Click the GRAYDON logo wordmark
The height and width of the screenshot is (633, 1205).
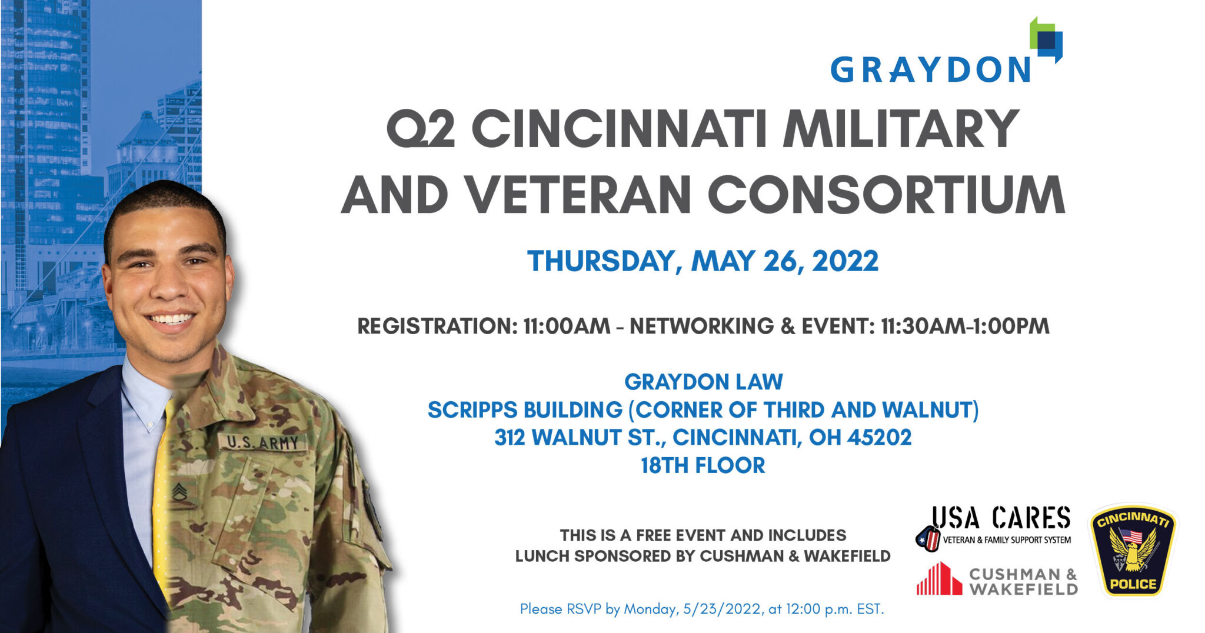[930, 69]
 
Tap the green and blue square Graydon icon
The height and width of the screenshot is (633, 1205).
[1046, 39]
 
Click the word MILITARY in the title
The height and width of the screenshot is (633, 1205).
[900, 129]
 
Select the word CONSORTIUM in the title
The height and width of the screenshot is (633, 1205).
[886, 195]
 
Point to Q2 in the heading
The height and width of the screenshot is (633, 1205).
[420, 129]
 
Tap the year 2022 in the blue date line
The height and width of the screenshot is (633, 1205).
[845, 261]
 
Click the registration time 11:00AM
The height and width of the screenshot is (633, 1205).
[567, 326]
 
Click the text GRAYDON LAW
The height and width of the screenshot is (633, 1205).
[703, 382]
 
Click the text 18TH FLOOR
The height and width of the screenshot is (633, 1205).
[703, 465]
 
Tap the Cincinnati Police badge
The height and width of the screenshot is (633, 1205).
[1133, 549]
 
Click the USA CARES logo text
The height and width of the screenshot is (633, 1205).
[1001, 518]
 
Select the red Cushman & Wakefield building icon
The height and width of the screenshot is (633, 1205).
[939, 578]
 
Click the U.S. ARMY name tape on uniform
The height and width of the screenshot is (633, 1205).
[262, 442]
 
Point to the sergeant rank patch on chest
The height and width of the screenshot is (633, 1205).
[179, 492]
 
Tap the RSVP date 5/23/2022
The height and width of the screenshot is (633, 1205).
[722, 609]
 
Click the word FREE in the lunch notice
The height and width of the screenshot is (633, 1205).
[654, 535]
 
